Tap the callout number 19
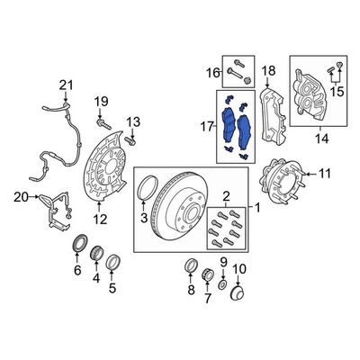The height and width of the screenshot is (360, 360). coord(102,100)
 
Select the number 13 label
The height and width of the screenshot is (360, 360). coord(133,121)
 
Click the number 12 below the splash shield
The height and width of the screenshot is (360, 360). coord(102,219)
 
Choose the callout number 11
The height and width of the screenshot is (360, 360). coord(325,173)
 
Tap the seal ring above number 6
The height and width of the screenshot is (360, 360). coord(77,244)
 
